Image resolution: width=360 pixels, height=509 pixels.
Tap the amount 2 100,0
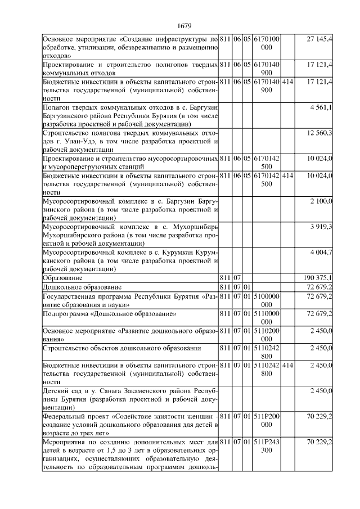pyautogui.click(x=321, y=201)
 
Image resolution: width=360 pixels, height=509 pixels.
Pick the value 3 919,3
pyautogui.click(x=321, y=226)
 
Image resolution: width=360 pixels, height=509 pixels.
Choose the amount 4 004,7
pyautogui.click(x=321, y=252)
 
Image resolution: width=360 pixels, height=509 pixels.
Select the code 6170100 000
pyautogui.click(x=267, y=43)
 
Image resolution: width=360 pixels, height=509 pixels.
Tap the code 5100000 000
pyautogui.click(x=267, y=300)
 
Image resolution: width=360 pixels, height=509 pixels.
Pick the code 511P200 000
pyautogui.click(x=267, y=420)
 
